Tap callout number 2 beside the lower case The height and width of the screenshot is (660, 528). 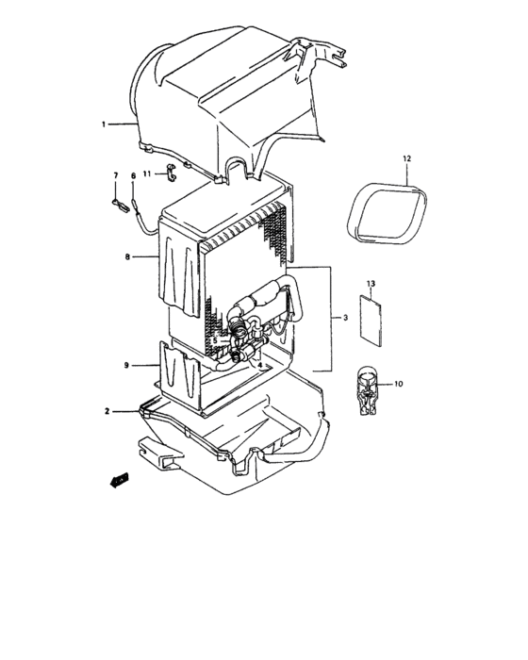pyautogui.click(x=107, y=411)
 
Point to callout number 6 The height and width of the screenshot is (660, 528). pyautogui.click(x=133, y=175)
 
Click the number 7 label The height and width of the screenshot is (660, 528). pyautogui.click(x=116, y=175)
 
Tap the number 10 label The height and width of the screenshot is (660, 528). pyautogui.click(x=398, y=384)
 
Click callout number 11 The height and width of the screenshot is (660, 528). pyautogui.click(x=147, y=174)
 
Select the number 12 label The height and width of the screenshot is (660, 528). pyautogui.click(x=407, y=159)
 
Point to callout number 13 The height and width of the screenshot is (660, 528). pyautogui.click(x=371, y=283)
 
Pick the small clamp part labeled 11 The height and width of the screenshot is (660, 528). pyautogui.click(x=171, y=173)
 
